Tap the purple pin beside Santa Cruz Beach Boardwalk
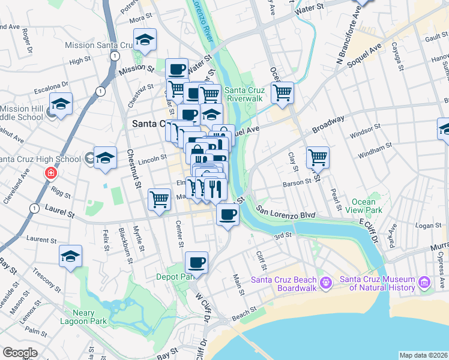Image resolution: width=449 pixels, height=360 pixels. coord(325,281)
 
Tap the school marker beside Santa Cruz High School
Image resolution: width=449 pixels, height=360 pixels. coord(105,158)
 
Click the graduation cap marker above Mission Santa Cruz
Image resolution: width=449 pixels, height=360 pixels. coord(145,40)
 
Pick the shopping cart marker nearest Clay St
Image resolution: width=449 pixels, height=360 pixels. coord(318,158)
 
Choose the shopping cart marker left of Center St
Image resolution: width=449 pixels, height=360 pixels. coord(159,198)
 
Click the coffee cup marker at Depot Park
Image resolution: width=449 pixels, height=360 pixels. coord(197,262)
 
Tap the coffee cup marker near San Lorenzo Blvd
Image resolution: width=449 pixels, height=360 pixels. coord(228,214)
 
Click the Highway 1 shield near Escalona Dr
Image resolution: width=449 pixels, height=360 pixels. coord(100,91)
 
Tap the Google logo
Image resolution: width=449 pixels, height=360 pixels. coord(20,352)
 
